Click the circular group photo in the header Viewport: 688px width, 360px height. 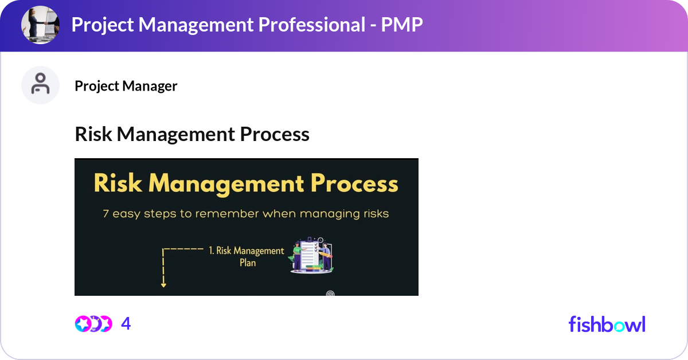(x=40, y=25)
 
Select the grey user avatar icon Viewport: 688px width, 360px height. (x=40, y=85)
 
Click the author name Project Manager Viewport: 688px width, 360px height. (x=126, y=86)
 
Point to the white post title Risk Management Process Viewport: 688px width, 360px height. (x=192, y=134)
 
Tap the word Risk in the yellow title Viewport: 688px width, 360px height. (x=118, y=184)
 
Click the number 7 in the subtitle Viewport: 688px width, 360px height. (x=106, y=214)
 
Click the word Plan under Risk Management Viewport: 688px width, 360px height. (x=247, y=263)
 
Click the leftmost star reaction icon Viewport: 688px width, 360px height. (x=83, y=324)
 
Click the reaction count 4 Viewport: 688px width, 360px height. (x=126, y=324)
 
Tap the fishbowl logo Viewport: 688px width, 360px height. (x=607, y=324)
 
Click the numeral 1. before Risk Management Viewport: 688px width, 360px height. (x=212, y=251)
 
